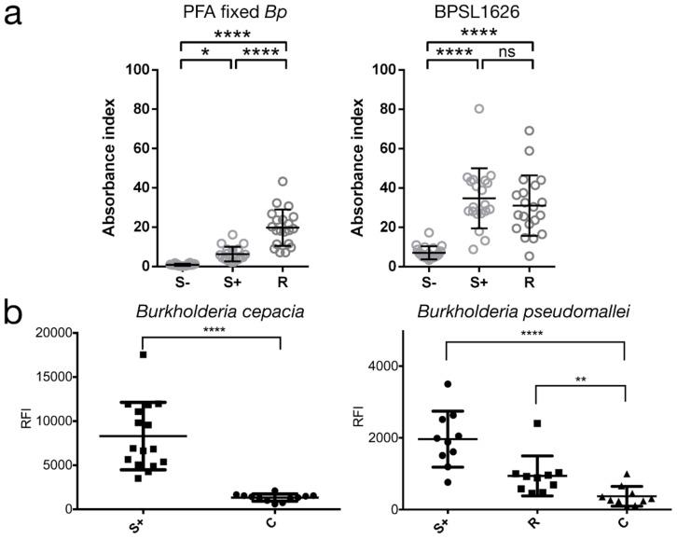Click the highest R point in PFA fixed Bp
coord(283,181)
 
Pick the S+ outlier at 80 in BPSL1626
coord(478,109)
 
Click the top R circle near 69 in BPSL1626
coord(531,131)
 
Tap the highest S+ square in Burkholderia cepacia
coord(143,354)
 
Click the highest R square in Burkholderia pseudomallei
coord(537,423)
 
